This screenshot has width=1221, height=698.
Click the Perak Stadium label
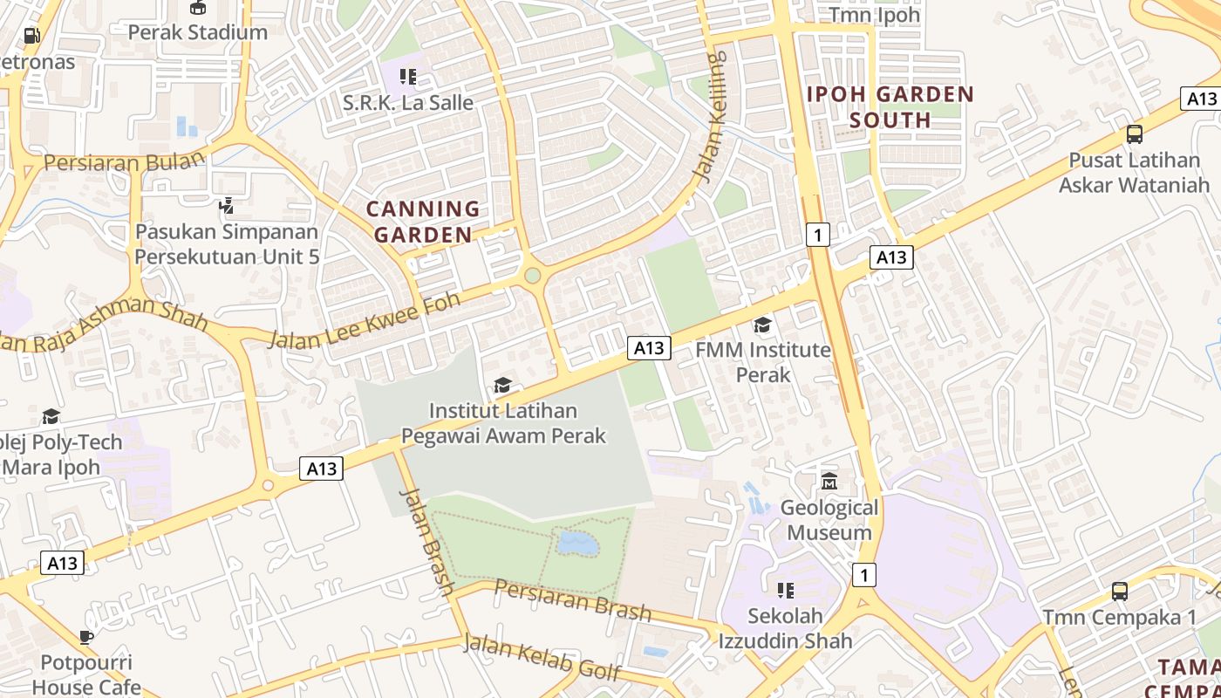click(197, 32)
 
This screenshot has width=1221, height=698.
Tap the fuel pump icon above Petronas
click(31, 36)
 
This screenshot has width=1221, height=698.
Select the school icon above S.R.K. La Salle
click(407, 77)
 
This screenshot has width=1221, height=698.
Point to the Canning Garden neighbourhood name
click(423, 222)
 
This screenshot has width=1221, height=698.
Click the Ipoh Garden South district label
click(890, 106)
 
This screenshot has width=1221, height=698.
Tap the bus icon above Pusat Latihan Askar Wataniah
click(1134, 134)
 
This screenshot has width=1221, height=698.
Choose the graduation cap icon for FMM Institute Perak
click(763, 325)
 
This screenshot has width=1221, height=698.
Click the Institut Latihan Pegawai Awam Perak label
click(503, 423)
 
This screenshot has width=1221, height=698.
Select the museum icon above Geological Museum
click(829, 482)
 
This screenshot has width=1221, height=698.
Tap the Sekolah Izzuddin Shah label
click(785, 628)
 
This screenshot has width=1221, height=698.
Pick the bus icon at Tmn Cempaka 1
click(1120, 592)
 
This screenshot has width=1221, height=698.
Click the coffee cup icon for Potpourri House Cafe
click(86, 637)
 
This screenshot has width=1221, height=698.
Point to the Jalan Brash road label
click(426, 541)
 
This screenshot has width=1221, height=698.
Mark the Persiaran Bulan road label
click(124, 162)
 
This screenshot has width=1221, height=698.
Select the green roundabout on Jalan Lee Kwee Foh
click(532, 276)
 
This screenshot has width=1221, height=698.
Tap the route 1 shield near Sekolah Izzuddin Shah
click(863, 575)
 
